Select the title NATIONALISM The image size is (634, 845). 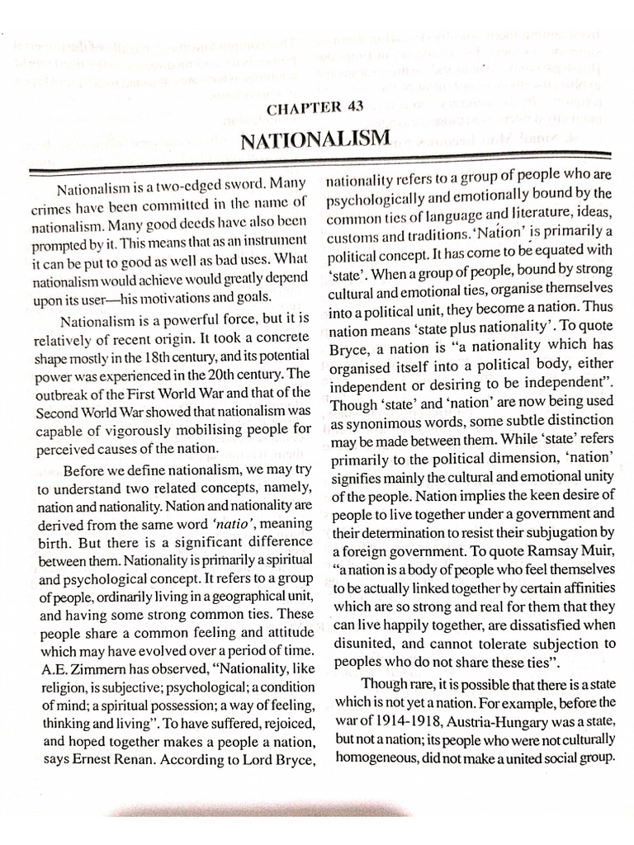(315, 137)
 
